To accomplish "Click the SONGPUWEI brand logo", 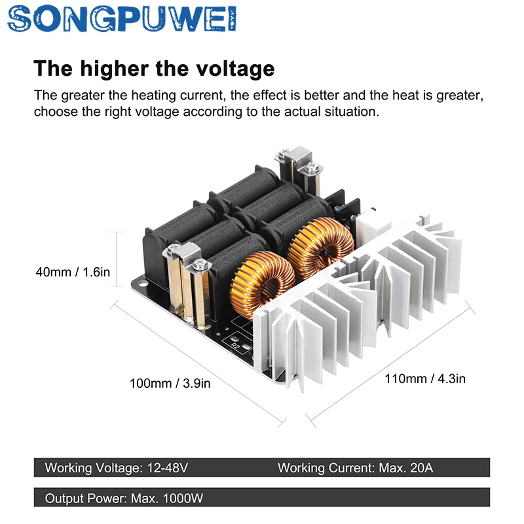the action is (x=122, y=19).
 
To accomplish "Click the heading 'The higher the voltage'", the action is (x=154, y=69).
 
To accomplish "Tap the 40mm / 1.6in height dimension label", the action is (x=73, y=272).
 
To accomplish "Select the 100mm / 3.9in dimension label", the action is (x=170, y=383).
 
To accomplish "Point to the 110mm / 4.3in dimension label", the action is (x=425, y=379).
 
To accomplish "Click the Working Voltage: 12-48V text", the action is (x=117, y=468).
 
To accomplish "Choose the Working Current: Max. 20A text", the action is (x=356, y=468).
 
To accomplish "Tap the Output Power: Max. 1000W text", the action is (x=124, y=498).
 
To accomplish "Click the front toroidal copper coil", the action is (x=263, y=284).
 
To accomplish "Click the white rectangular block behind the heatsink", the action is (x=371, y=225).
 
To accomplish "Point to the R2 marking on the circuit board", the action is (x=236, y=346).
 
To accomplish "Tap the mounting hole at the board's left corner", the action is (x=143, y=284).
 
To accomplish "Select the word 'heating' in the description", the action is (x=154, y=96).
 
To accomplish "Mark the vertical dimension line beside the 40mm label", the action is (x=117, y=259).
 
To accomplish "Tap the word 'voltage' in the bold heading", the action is (x=235, y=69).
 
